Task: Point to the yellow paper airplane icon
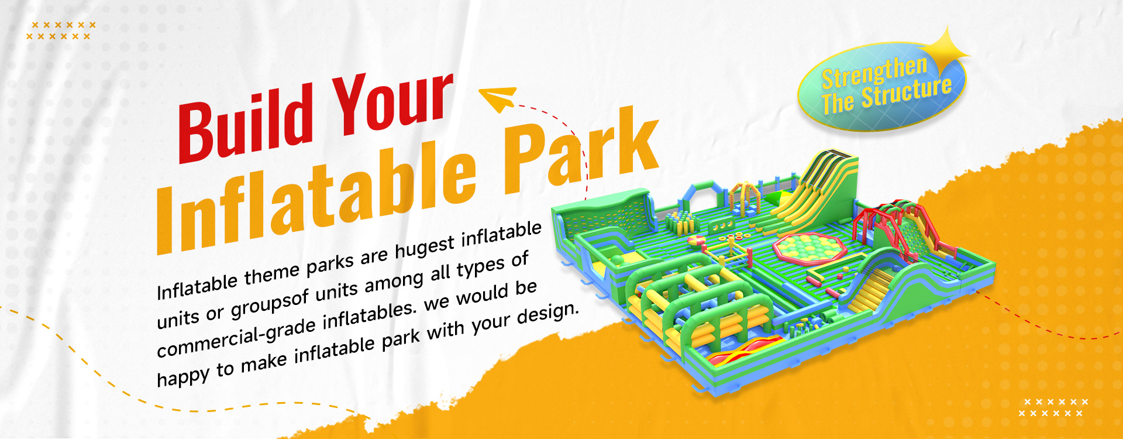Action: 497,98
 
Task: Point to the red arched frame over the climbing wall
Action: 877,220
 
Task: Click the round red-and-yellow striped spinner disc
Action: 697,241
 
